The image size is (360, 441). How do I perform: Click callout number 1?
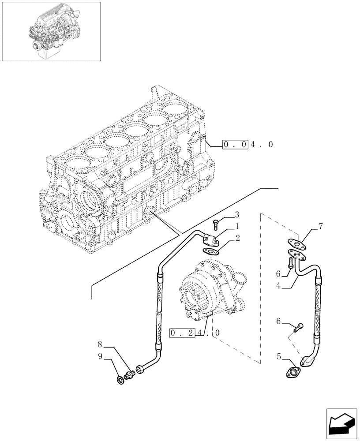[x=237, y=226]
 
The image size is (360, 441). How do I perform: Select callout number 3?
[x=237, y=215]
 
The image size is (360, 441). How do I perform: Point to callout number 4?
[x=278, y=286]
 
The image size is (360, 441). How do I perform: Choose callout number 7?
[x=321, y=227]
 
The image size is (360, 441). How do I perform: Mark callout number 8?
[x=101, y=344]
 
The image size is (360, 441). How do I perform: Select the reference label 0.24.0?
[x=193, y=333]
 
